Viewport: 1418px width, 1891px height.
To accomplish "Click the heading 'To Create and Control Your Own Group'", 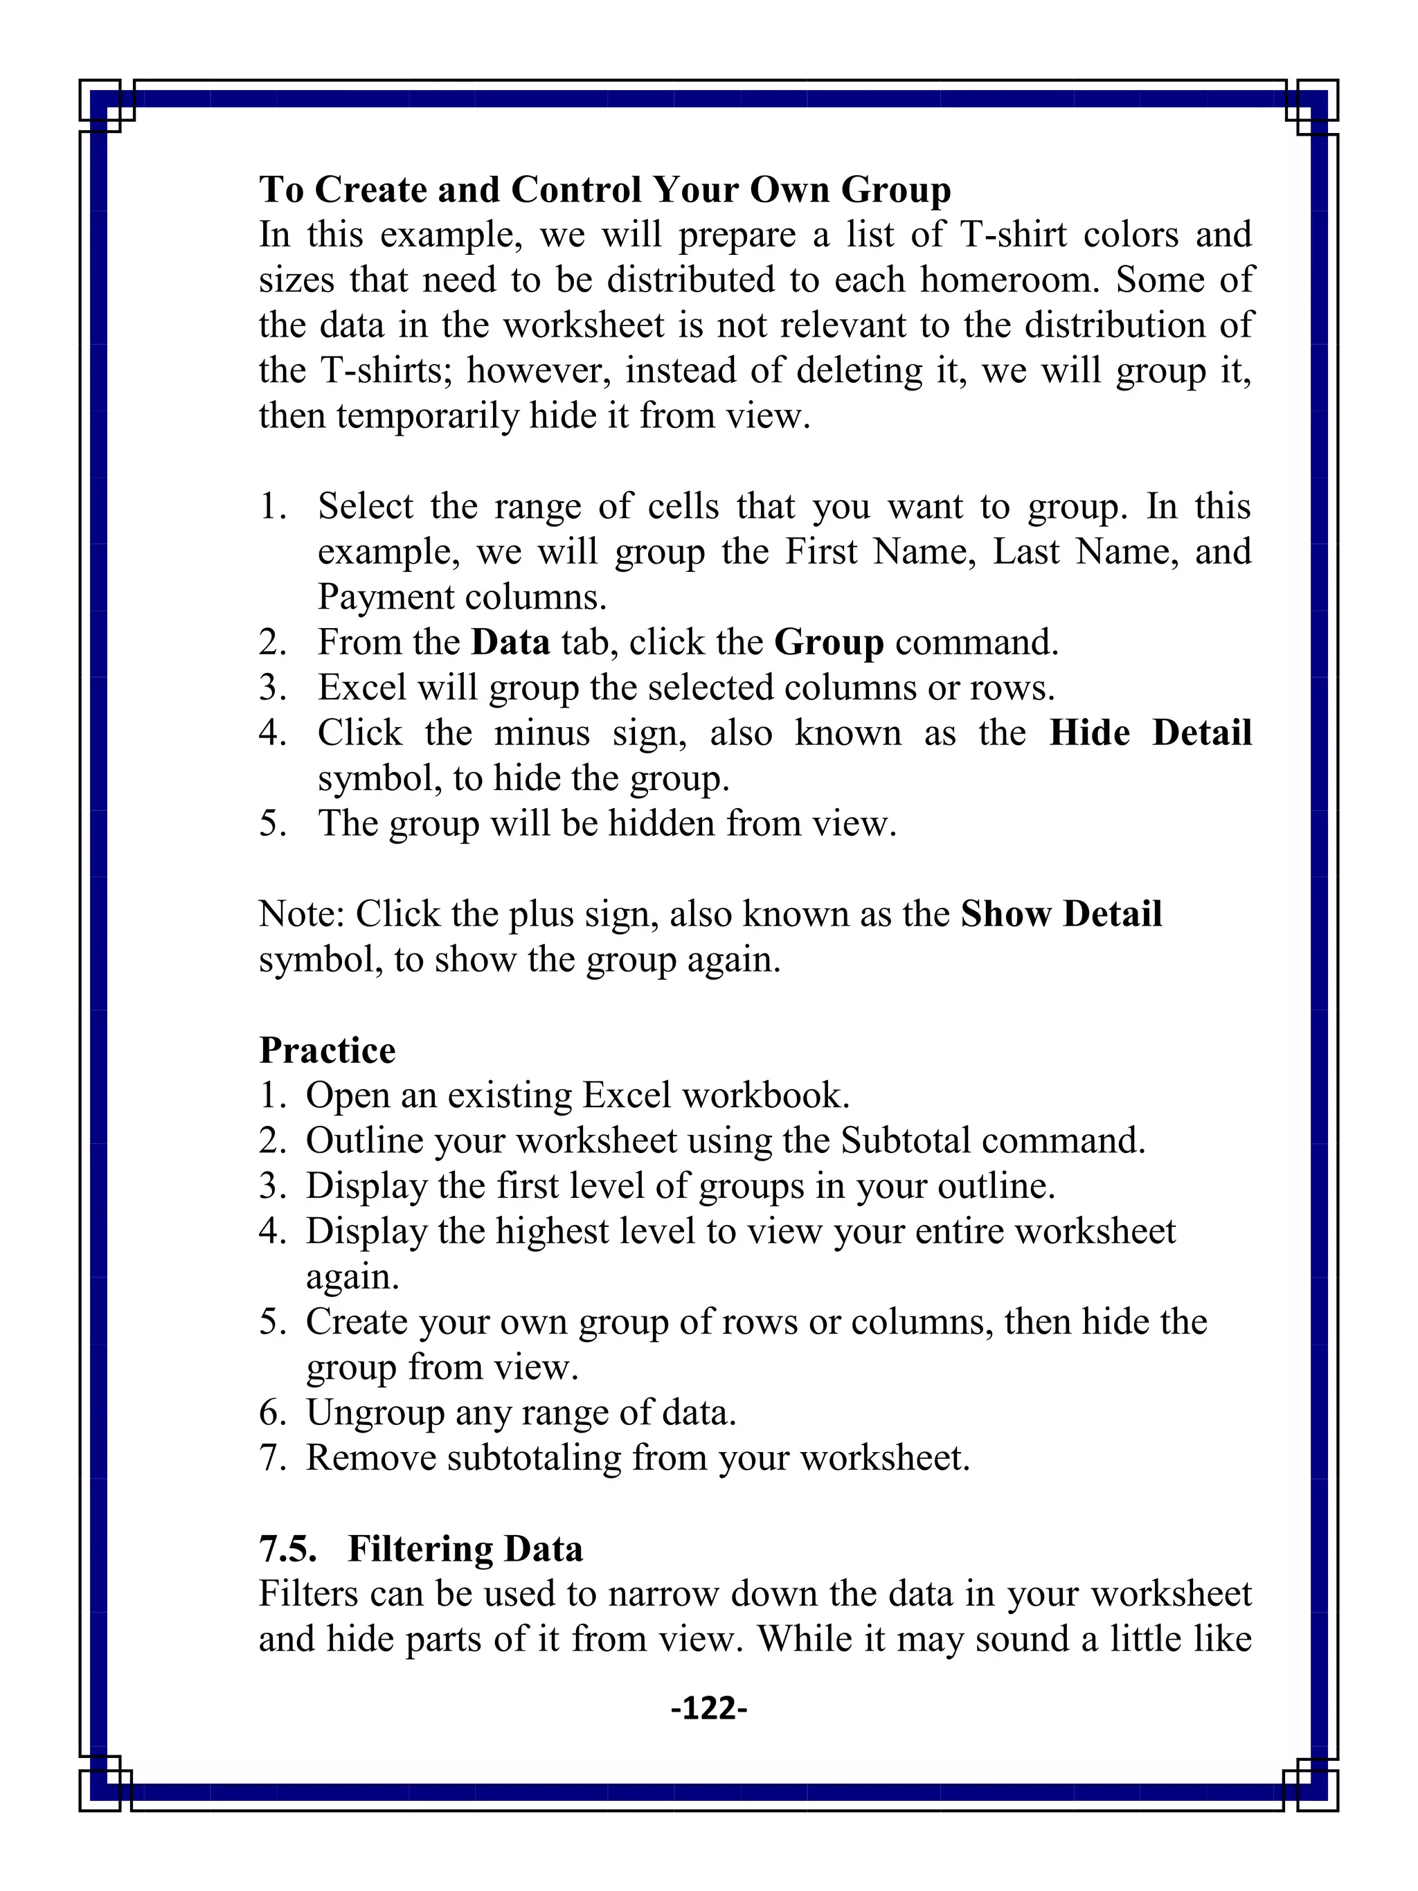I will [x=604, y=190].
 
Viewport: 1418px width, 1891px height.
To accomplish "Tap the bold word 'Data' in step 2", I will [x=510, y=642].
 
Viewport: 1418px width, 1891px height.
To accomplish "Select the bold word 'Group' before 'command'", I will [x=828, y=642].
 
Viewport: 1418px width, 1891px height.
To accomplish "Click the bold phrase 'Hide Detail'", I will [x=1149, y=733].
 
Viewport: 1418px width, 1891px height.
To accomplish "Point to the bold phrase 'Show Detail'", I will [x=1061, y=914].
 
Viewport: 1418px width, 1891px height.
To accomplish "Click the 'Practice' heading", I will [x=327, y=1050].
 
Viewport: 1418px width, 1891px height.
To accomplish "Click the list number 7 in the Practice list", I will [x=272, y=1458].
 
